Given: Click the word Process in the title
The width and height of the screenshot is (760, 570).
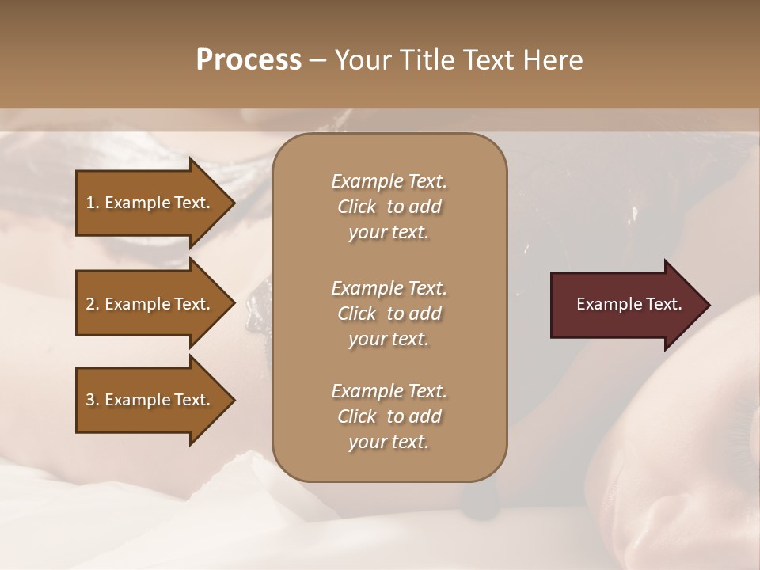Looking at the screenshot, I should pos(249,60).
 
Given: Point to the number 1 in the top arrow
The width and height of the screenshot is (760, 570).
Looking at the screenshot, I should pos(90,203).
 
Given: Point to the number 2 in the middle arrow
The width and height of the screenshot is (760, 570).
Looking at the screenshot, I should pos(90,304).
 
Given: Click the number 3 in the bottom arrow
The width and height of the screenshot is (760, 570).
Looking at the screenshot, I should pos(90,400).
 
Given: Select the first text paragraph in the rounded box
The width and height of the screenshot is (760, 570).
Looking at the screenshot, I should pos(389,207).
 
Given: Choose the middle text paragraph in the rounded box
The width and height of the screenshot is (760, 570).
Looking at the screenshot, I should pos(389,313).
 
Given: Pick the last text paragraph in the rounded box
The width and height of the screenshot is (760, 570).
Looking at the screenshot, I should pos(389,416).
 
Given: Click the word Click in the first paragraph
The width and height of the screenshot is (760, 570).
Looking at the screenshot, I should pos(357,207).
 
